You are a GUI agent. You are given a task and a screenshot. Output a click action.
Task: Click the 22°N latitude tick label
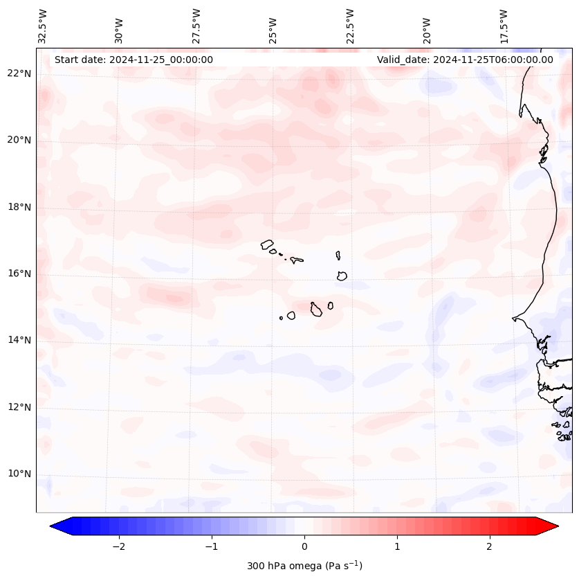pos(19,73)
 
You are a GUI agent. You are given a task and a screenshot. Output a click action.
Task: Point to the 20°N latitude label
pos(19,140)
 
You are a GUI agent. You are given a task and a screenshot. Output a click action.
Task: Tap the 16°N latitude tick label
pos(19,274)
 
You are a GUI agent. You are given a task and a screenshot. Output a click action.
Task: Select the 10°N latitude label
pos(19,474)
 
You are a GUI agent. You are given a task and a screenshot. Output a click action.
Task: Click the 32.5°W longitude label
pos(43,26)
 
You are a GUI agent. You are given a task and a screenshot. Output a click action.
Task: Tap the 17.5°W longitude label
pos(504,26)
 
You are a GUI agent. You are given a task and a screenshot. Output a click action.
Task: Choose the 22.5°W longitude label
pos(350,26)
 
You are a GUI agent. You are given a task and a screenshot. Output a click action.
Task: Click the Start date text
pos(134,60)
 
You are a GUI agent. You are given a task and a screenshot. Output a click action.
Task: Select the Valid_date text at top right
pos(465,60)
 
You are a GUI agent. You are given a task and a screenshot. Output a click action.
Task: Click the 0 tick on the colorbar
pos(304,546)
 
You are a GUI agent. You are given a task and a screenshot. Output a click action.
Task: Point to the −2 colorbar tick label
pos(118,546)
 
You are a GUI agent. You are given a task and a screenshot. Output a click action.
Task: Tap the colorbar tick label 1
pos(397,546)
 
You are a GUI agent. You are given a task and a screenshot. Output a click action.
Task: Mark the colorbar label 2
pos(490,546)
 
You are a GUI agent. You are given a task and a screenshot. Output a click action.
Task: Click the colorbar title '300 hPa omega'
pos(304,566)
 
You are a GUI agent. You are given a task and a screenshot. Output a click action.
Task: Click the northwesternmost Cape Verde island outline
pos(267,244)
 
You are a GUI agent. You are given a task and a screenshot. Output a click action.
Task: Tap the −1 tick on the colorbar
pos(211,546)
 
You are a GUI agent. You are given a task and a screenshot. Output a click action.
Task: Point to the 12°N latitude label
pos(19,407)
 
